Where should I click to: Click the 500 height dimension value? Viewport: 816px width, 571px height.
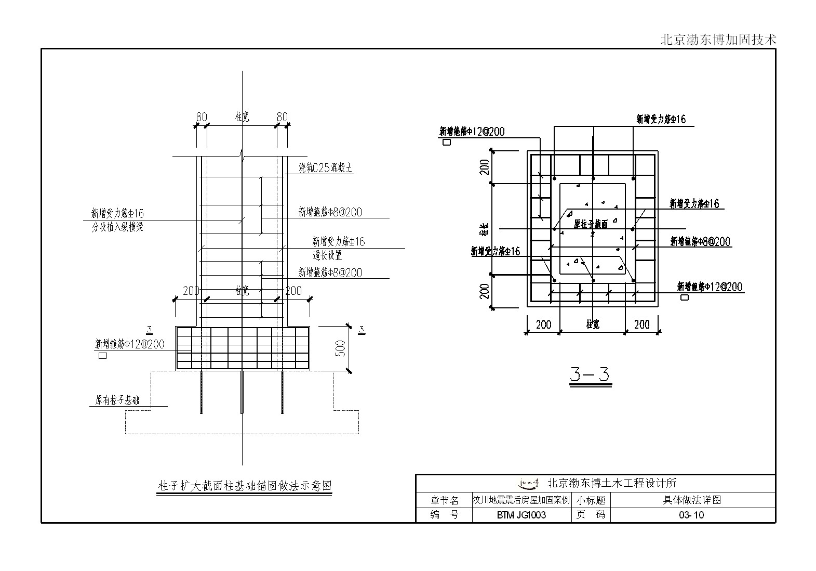pyautogui.click(x=341, y=348)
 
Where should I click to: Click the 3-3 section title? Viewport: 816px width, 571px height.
pyautogui.click(x=590, y=374)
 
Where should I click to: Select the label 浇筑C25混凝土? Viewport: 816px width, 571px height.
pyautogui.click(x=326, y=167)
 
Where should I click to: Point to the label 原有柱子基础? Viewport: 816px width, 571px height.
pyautogui.click(x=117, y=400)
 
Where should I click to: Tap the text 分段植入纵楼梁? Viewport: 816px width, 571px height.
pyautogui.click(x=117, y=227)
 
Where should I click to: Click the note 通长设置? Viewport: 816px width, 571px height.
pyautogui.click(x=327, y=255)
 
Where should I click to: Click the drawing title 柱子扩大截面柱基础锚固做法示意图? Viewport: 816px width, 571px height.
pyautogui.click(x=244, y=486)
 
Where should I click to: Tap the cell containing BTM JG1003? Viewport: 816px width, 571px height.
pyautogui.click(x=521, y=515)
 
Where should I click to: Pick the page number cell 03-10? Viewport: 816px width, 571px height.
pyautogui.click(x=692, y=515)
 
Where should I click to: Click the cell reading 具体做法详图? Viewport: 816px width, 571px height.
pyautogui.click(x=692, y=500)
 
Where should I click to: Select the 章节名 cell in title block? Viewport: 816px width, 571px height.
pyautogui.click(x=444, y=500)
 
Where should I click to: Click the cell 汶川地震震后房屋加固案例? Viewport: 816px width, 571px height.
pyautogui.click(x=521, y=500)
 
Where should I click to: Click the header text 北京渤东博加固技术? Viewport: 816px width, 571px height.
pyautogui.click(x=718, y=40)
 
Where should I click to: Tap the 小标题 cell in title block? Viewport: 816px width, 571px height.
pyautogui.click(x=591, y=500)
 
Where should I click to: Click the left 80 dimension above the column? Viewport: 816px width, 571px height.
pyautogui.click(x=202, y=117)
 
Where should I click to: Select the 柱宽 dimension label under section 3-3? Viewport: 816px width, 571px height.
pyautogui.click(x=593, y=324)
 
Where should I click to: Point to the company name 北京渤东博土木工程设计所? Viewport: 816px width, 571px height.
pyautogui.click(x=612, y=483)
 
